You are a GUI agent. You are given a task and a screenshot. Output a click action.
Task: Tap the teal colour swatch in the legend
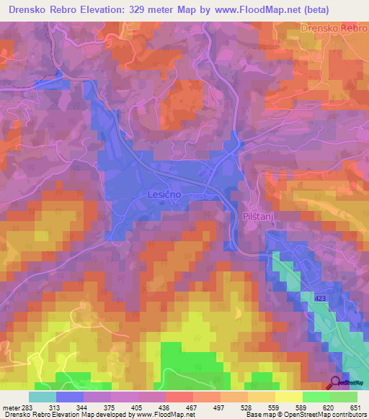click(42, 397)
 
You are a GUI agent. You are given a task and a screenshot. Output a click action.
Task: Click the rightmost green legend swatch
click(344, 397)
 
